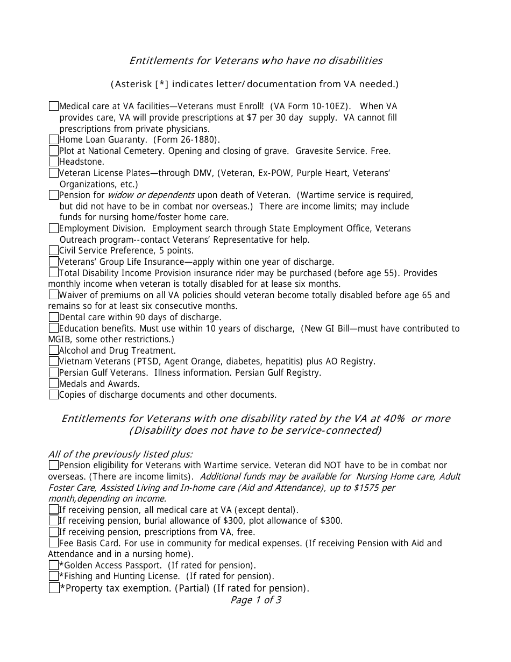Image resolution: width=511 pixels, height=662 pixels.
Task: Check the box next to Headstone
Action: pyautogui.click(x=53, y=161)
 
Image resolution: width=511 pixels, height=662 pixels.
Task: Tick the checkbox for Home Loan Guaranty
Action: pyautogui.click(x=53, y=139)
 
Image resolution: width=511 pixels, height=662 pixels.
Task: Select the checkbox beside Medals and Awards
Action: pyautogui.click(x=53, y=384)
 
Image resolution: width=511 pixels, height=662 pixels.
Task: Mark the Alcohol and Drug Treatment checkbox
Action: pyautogui.click(x=53, y=350)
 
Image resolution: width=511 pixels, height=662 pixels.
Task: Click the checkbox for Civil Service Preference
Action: pyautogui.click(x=53, y=250)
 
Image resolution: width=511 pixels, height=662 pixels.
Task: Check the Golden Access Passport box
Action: pyautogui.click(x=53, y=565)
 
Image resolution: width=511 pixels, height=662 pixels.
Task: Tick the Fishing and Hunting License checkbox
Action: pyautogui.click(x=53, y=576)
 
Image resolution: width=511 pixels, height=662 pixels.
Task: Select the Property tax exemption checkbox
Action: pyautogui.click(x=54, y=588)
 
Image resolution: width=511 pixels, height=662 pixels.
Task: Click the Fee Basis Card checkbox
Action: pyautogui.click(x=53, y=543)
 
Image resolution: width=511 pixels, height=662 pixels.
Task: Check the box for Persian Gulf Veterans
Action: pyautogui.click(x=53, y=372)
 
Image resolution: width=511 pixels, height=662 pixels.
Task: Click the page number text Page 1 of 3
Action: pyautogui.click(x=256, y=600)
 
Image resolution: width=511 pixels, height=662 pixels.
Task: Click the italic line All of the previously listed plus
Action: pyautogui.click(x=120, y=454)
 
